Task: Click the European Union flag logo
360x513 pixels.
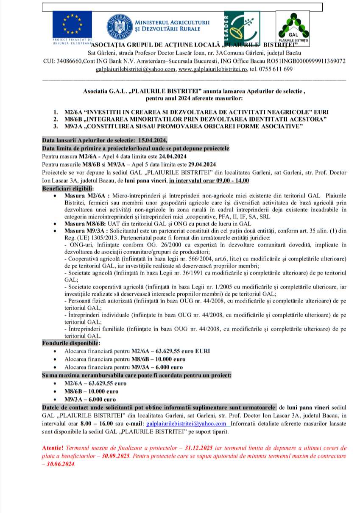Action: click(72, 25)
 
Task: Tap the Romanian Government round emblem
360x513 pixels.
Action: click(120, 25)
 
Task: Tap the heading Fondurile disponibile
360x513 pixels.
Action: click(71, 343)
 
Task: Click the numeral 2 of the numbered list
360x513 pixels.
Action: click(56, 119)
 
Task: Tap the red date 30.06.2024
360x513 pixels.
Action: click(62, 464)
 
